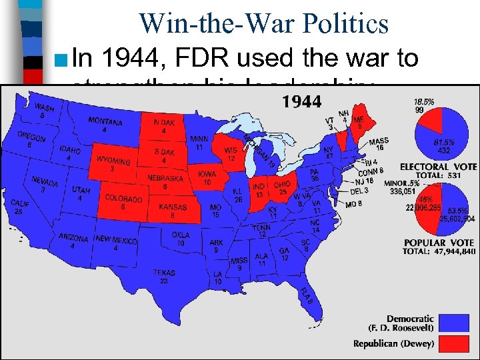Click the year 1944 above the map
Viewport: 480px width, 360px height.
point(303,102)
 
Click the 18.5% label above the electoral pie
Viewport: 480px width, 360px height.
point(424,101)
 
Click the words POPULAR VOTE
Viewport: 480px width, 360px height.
point(439,242)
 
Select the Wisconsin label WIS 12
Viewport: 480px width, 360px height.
point(231,154)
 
